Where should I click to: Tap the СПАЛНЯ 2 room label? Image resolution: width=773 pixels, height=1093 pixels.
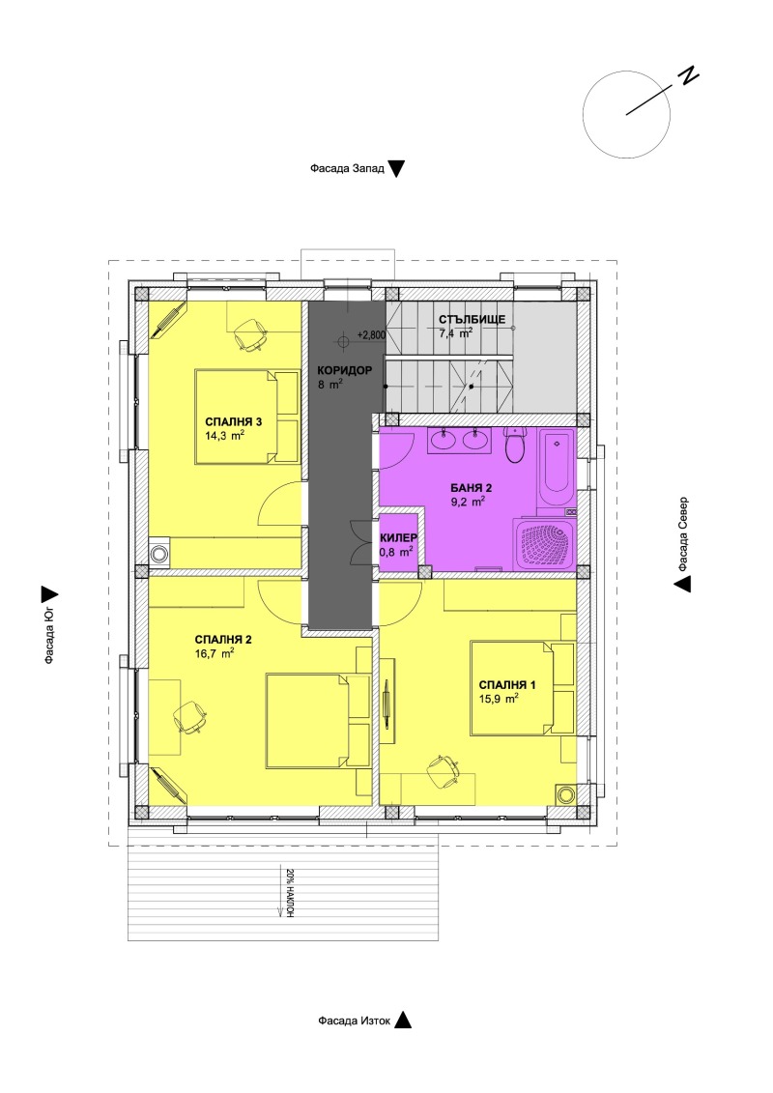coord(223,639)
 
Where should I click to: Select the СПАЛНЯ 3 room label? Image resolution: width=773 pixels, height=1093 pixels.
coord(234,421)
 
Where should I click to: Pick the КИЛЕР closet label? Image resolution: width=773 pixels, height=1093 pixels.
coord(398,536)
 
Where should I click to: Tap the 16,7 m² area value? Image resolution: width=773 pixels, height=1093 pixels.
coord(215,653)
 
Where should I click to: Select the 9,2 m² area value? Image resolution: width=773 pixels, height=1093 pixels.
coord(467,502)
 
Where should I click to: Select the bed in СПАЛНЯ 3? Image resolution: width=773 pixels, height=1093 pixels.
coord(245,417)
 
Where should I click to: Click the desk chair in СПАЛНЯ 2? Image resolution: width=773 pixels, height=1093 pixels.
coord(189,716)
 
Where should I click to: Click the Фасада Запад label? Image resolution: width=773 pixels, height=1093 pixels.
coord(347,168)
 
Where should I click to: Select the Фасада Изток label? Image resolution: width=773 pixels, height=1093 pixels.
coord(355,1021)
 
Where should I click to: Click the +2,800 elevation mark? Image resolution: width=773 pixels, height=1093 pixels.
coord(372,334)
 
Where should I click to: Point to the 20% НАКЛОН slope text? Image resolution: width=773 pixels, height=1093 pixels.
coord(289,894)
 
